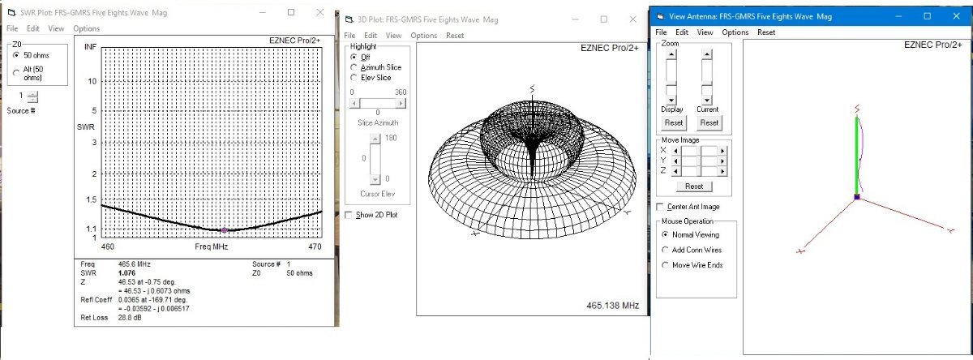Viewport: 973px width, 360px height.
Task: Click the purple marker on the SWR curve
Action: [x=224, y=230]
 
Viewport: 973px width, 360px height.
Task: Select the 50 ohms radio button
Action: [x=16, y=55]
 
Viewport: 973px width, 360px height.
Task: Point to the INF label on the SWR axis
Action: [x=90, y=46]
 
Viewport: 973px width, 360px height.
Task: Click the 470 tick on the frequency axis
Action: [x=315, y=246]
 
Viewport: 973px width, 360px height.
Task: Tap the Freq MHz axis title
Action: [x=211, y=246]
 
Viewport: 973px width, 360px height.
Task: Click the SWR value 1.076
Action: [x=126, y=273]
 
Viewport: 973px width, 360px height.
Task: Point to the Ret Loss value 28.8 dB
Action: [x=130, y=318]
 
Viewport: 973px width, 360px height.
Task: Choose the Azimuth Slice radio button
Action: [x=354, y=67]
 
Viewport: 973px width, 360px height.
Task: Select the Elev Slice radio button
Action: [x=354, y=78]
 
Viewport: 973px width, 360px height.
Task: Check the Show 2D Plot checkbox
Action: [x=349, y=215]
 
